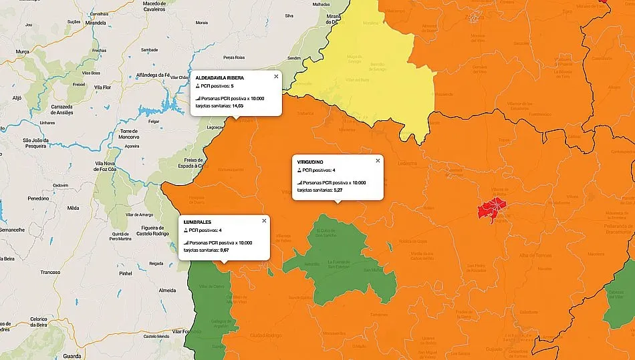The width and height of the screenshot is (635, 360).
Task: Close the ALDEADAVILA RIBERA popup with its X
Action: pyautogui.click(x=276, y=76)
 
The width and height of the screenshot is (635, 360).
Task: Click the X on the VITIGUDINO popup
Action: pyautogui.click(x=378, y=160)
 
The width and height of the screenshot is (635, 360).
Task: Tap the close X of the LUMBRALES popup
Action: pyautogui.click(x=264, y=220)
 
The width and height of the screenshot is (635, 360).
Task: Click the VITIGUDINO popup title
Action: pyautogui.click(x=310, y=162)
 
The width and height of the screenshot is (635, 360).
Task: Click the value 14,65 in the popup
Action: pyautogui.click(x=237, y=106)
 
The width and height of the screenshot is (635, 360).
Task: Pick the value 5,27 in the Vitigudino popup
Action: pyautogui.click(x=338, y=190)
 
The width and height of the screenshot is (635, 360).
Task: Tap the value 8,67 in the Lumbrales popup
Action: pyautogui.click(x=224, y=250)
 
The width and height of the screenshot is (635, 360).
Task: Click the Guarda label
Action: pyautogui.click(x=72, y=357)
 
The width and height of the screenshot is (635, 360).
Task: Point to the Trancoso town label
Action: pyautogui.click(x=49, y=272)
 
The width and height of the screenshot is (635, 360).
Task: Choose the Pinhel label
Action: pyautogui.click(x=125, y=273)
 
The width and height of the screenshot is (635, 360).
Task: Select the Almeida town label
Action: pyautogui.click(x=168, y=291)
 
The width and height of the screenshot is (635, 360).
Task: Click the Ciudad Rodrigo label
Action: pyautogui.click(x=265, y=335)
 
